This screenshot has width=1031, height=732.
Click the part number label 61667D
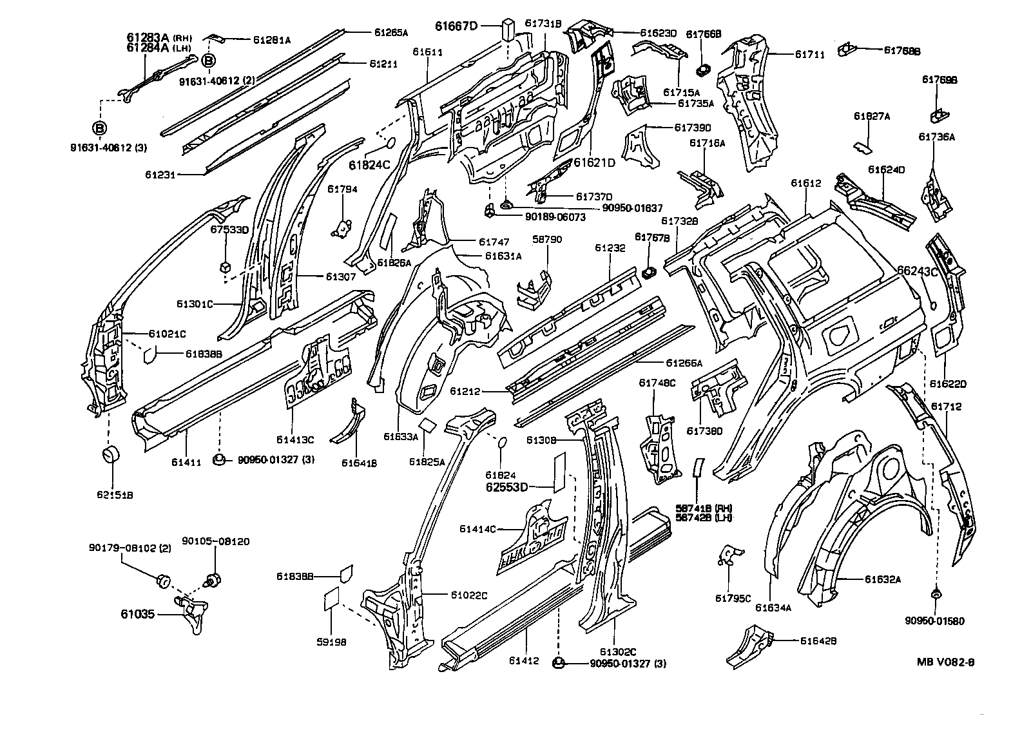pos(456,26)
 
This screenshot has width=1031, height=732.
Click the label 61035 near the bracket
pos(137,614)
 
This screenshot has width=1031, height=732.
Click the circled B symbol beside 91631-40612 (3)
pos(100,128)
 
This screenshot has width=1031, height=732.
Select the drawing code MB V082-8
pos(945,661)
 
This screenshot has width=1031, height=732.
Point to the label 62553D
pos(506,487)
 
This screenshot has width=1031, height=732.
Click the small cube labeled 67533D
pos(225,265)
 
